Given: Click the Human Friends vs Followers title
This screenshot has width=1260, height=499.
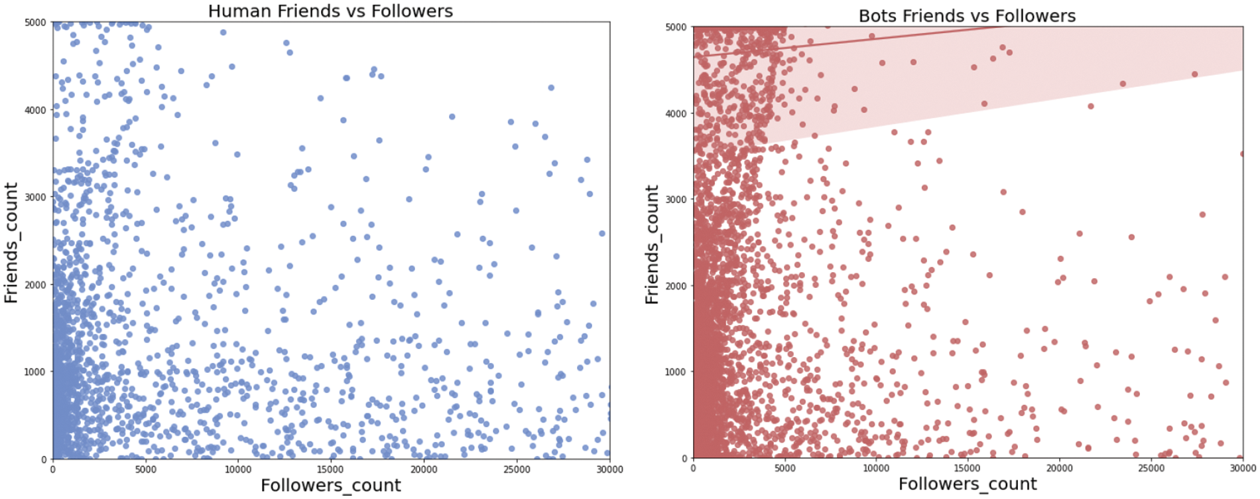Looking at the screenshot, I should (330, 11).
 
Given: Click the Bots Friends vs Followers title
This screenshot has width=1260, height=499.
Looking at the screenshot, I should (967, 16).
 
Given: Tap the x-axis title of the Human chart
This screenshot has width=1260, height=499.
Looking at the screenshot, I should (330, 486).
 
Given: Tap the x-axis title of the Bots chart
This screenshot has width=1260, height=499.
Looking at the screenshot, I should (968, 484).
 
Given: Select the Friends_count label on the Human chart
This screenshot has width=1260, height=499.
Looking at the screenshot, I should (11, 243).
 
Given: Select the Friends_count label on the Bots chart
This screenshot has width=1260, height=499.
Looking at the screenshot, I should (652, 245).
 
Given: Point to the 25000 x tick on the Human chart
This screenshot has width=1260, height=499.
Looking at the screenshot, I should (517, 470).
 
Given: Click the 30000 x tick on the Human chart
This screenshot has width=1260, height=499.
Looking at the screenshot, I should (609, 470).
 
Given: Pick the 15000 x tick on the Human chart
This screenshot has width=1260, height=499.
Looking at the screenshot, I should (331, 470).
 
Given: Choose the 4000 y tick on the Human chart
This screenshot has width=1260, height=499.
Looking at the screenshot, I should (35, 110).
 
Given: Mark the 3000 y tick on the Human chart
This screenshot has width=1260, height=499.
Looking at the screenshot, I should (35, 197).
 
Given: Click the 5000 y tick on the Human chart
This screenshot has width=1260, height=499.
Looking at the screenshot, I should (35, 23).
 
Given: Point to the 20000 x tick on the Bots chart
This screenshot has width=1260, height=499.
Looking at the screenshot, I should (1059, 468).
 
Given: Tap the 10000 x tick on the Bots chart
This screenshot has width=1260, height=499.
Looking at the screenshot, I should (876, 468).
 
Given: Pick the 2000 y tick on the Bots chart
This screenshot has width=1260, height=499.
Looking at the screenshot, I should (676, 286).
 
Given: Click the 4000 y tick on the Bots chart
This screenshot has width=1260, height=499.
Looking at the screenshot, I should (676, 113).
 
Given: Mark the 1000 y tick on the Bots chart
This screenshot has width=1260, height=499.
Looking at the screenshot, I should (676, 372).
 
